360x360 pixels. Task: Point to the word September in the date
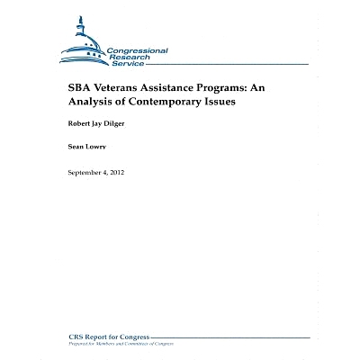pyautogui.click(x=85, y=172)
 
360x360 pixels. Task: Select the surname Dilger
pyautogui.click(x=120, y=123)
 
